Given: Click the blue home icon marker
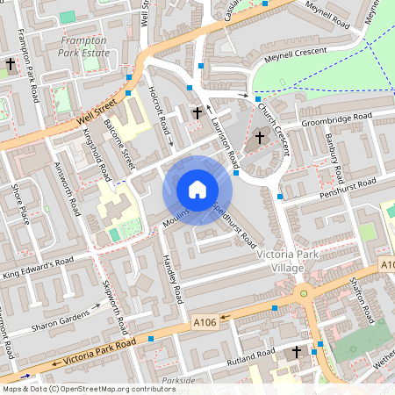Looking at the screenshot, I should pos(197,190).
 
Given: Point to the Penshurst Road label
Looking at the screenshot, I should pos(347,186).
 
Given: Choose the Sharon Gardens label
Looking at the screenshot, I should pos(75,315).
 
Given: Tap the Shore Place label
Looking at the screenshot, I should pos(19,204).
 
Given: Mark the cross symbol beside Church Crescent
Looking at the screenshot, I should pos(260,138).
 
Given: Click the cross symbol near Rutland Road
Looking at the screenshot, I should pos(296,352).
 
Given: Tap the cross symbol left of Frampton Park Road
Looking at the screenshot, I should pos(11,65).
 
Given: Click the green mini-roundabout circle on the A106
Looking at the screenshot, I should pos(304,293).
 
